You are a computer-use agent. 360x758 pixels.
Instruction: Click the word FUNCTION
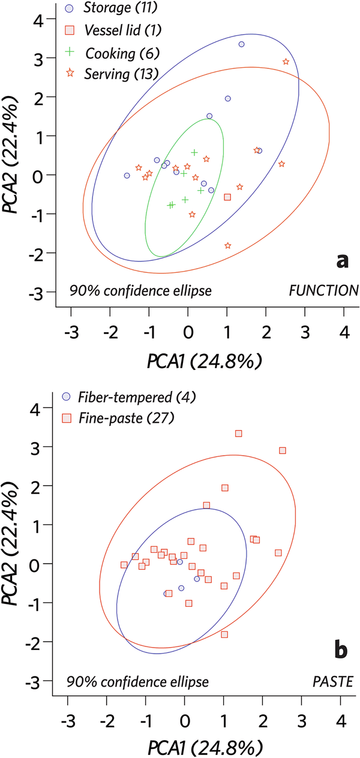coord(323,291)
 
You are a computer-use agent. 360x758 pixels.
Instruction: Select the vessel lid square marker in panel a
coord(227,197)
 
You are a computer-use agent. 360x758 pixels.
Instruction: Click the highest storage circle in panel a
coord(241,44)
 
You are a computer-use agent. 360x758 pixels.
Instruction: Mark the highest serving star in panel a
coord(286,62)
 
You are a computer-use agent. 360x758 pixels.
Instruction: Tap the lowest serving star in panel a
coord(227,245)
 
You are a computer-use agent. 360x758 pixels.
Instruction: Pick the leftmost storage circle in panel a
coord(127,176)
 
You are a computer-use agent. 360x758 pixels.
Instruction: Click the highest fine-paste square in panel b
coord(238,433)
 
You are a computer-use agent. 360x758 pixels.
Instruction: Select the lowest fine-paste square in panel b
coord(224,634)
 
